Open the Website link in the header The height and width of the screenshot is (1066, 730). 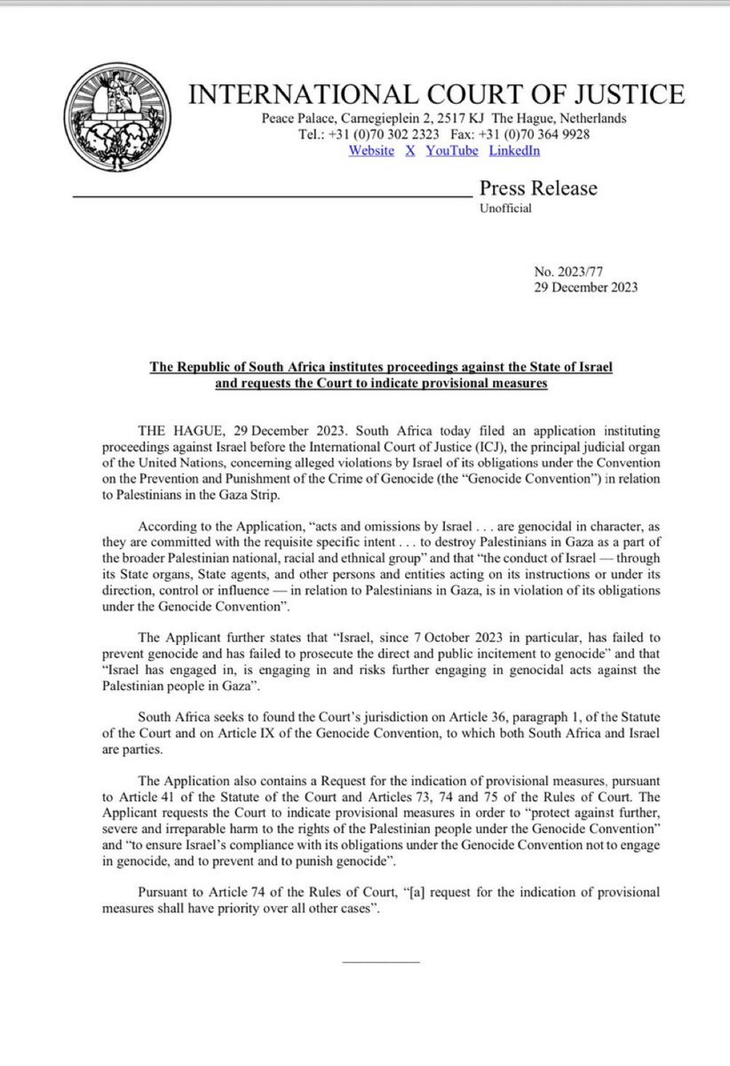[371, 151]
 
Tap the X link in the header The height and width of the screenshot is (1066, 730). [410, 151]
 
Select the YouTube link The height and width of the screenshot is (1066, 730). [452, 151]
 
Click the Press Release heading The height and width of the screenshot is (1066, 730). [538, 188]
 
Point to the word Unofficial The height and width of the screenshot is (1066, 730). [505, 209]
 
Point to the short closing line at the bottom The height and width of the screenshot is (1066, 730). [380, 962]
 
